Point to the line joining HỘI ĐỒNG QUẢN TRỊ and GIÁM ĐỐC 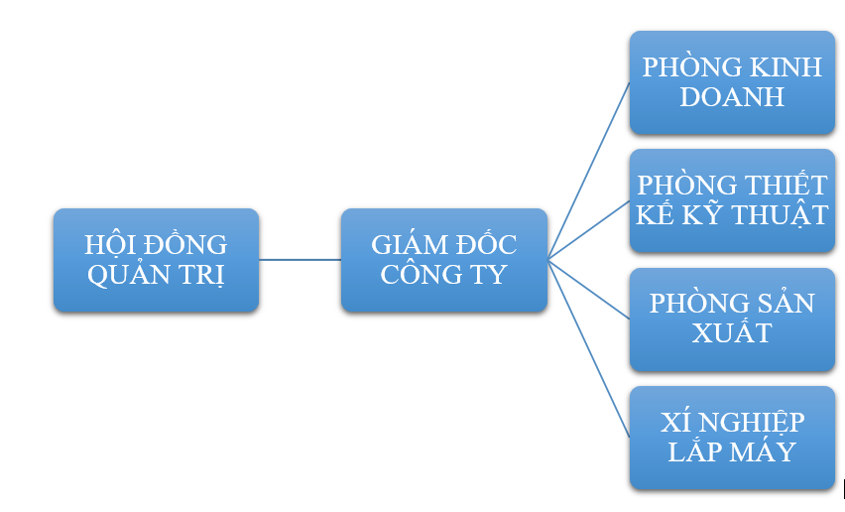click(x=300, y=260)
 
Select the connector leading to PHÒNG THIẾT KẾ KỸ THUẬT click(x=589, y=230)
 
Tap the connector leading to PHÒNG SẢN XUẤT click(x=589, y=289)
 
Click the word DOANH click(x=732, y=96)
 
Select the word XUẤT click(x=732, y=332)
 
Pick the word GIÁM click(x=405, y=244)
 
